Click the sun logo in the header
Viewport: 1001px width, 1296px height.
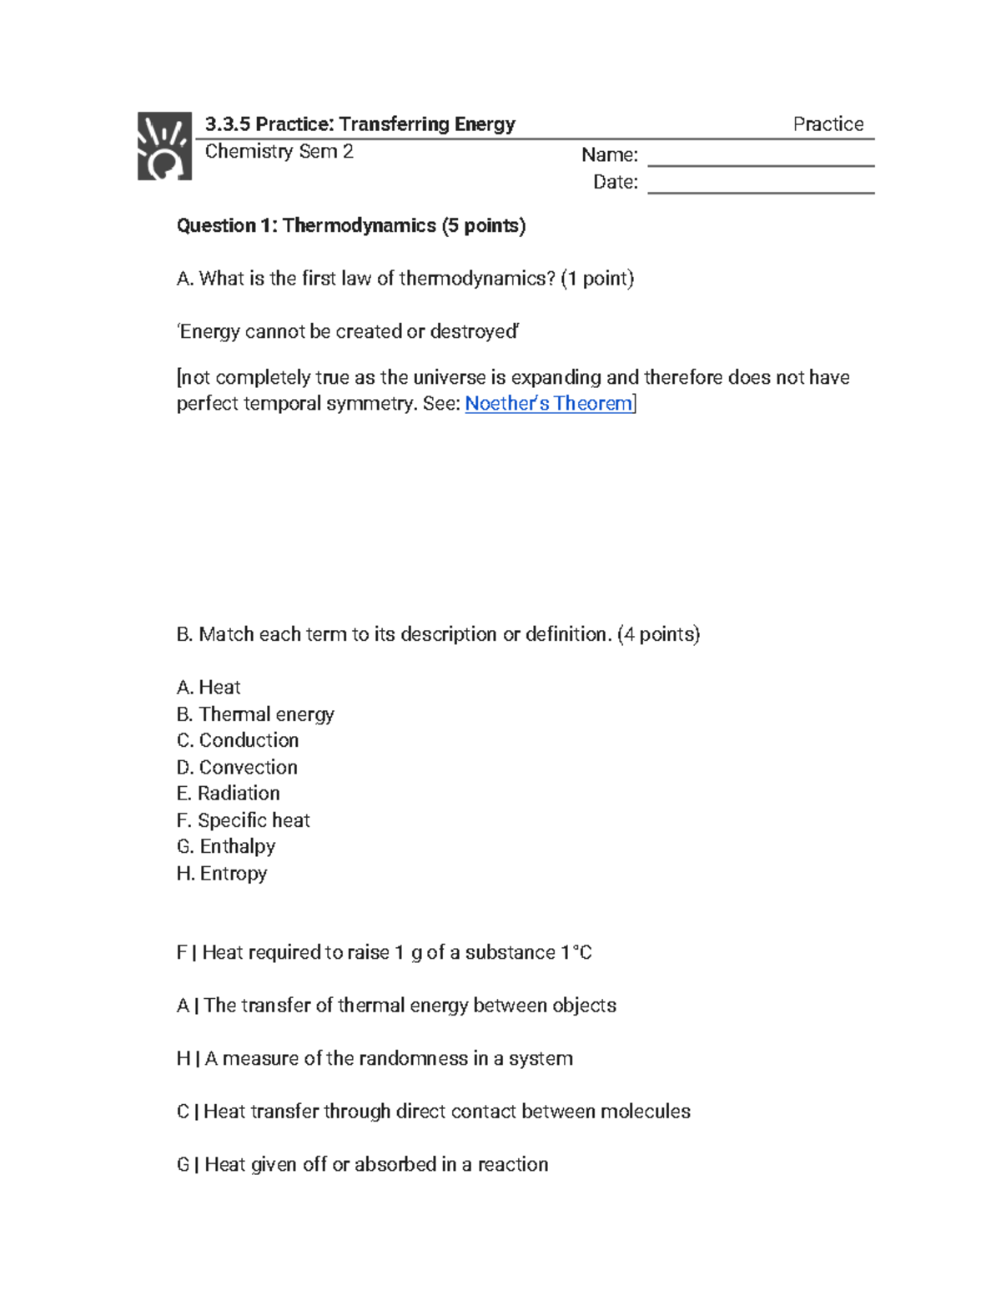[164, 146]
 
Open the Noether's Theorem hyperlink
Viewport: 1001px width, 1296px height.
[548, 404]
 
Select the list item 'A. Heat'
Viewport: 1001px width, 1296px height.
[209, 688]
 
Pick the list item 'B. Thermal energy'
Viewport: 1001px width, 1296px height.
[255, 714]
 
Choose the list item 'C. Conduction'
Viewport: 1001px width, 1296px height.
[238, 740]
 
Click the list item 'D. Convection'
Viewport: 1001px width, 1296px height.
[237, 767]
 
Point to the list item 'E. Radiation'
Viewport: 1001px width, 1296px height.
[229, 794]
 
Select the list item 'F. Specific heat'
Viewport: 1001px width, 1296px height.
[244, 820]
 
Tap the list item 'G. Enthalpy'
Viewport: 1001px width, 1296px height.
[226, 846]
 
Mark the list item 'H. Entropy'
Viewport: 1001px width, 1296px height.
[222, 874]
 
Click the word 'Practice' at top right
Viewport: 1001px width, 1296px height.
[827, 124]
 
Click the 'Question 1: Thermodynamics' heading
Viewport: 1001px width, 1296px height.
[351, 226]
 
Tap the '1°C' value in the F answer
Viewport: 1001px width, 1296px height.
[576, 953]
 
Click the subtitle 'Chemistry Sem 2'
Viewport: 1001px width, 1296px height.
[279, 152]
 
